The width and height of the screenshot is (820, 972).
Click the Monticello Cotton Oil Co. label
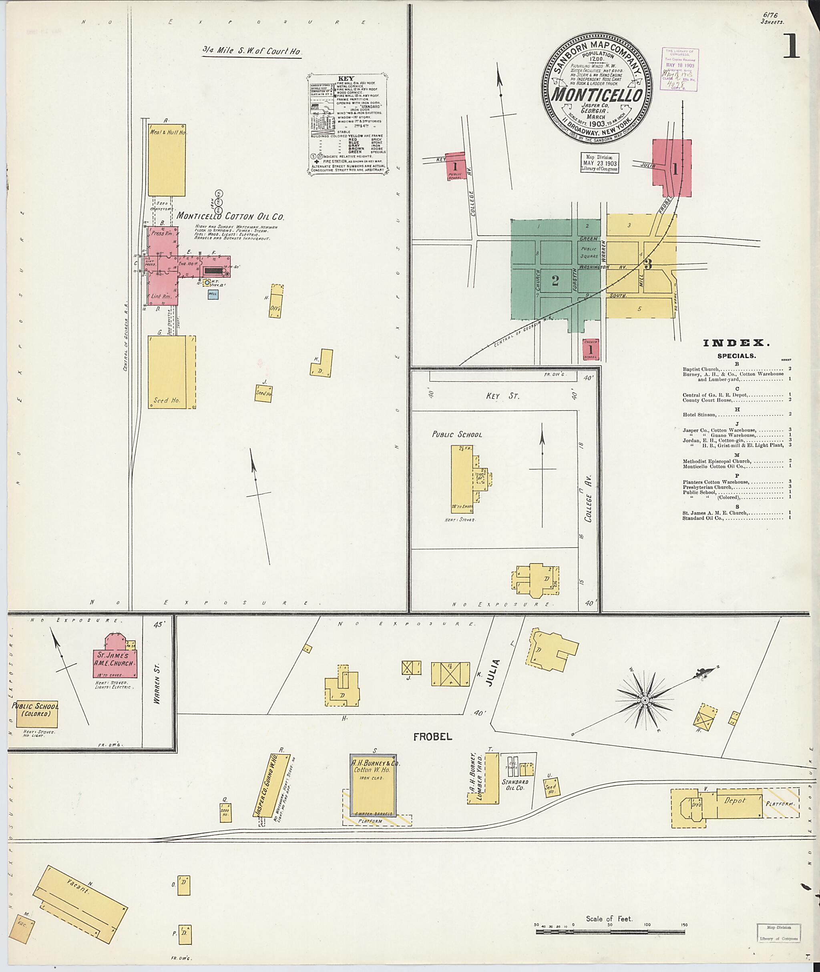[230, 216]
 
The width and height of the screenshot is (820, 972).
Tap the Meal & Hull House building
[167, 160]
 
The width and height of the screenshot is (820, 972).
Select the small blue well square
[213, 294]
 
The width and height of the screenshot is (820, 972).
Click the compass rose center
[645, 700]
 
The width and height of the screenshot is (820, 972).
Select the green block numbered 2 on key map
[555, 280]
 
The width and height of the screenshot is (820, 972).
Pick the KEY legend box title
[346, 78]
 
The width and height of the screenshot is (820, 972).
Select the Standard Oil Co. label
[514, 786]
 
